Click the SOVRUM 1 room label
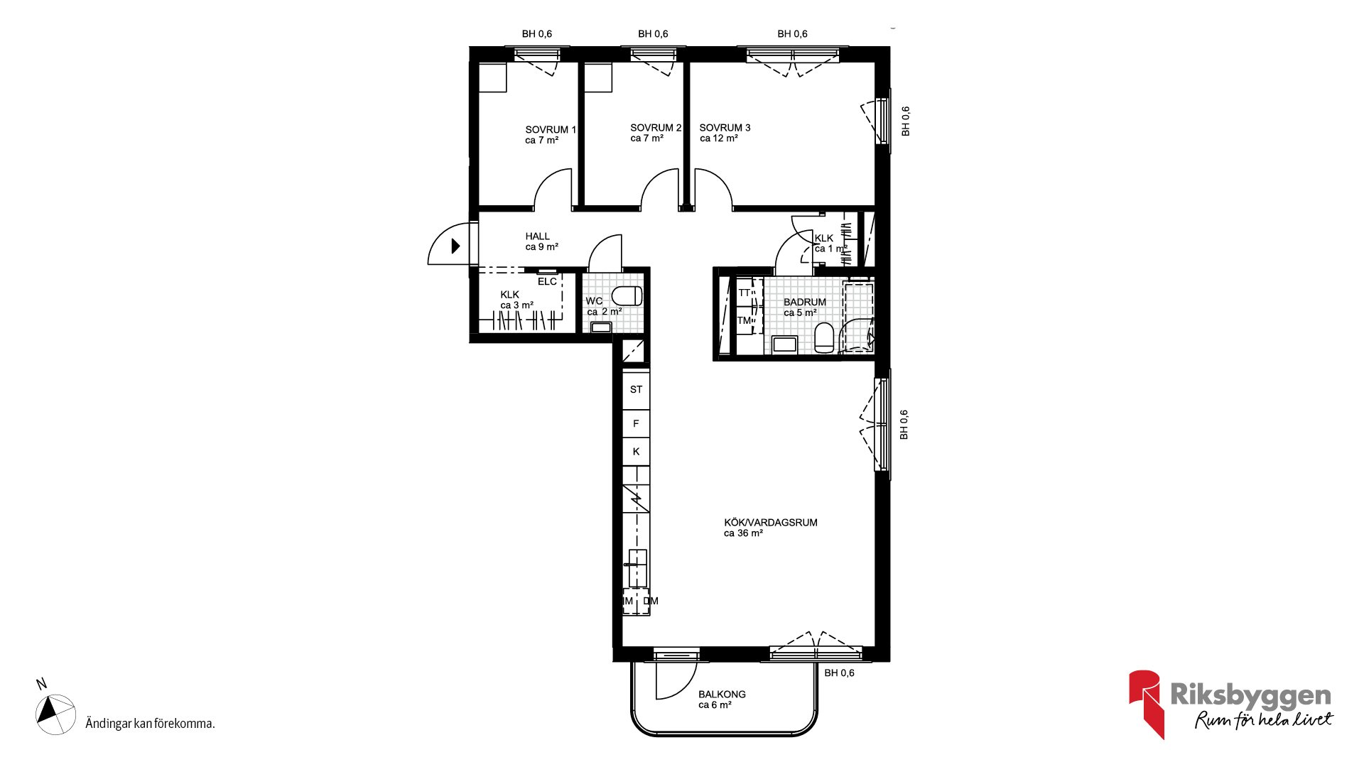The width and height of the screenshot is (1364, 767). pyautogui.click(x=551, y=129)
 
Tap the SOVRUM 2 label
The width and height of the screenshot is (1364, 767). pyautogui.click(x=656, y=128)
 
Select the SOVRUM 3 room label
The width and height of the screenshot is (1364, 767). pyautogui.click(x=725, y=128)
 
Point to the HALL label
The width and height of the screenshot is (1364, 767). pyautogui.click(x=537, y=236)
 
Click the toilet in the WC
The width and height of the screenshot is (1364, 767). pyautogui.click(x=627, y=295)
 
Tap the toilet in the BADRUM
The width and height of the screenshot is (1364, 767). pyautogui.click(x=824, y=338)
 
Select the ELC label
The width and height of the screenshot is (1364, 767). pyautogui.click(x=547, y=282)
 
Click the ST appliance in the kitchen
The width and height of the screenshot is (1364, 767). pyautogui.click(x=636, y=390)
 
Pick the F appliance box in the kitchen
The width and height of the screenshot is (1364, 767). pyautogui.click(x=636, y=424)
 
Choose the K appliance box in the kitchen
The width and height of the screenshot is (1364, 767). pyautogui.click(x=636, y=452)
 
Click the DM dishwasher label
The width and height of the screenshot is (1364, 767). pyautogui.click(x=651, y=601)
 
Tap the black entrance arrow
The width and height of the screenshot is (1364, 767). pyautogui.click(x=455, y=246)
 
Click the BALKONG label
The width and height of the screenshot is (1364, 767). pyautogui.click(x=722, y=695)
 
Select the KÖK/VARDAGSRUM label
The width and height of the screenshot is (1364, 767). pyautogui.click(x=771, y=523)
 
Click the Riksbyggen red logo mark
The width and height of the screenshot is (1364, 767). pyautogui.click(x=1147, y=704)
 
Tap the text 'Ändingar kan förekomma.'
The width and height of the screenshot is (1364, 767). pyautogui.click(x=150, y=724)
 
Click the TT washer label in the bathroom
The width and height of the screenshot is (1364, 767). pyautogui.click(x=744, y=293)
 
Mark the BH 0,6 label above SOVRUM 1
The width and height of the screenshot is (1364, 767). pyautogui.click(x=536, y=34)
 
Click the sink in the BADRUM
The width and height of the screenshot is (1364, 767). pyautogui.click(x=784, y=344)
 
